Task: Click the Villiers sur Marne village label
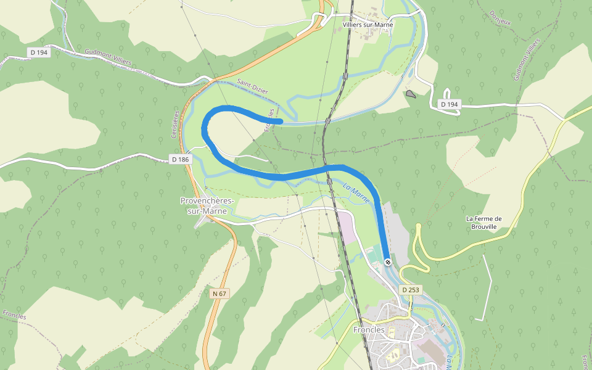368,25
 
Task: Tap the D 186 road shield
180,159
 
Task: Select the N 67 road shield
220,294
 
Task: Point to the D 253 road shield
411,289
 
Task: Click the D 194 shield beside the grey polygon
450,104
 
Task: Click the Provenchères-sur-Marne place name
203,206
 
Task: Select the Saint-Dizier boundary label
252,86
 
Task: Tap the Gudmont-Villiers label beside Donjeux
526,59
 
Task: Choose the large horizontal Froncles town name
369,330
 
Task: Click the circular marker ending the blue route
388,262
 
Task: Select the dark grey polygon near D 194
411,94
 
